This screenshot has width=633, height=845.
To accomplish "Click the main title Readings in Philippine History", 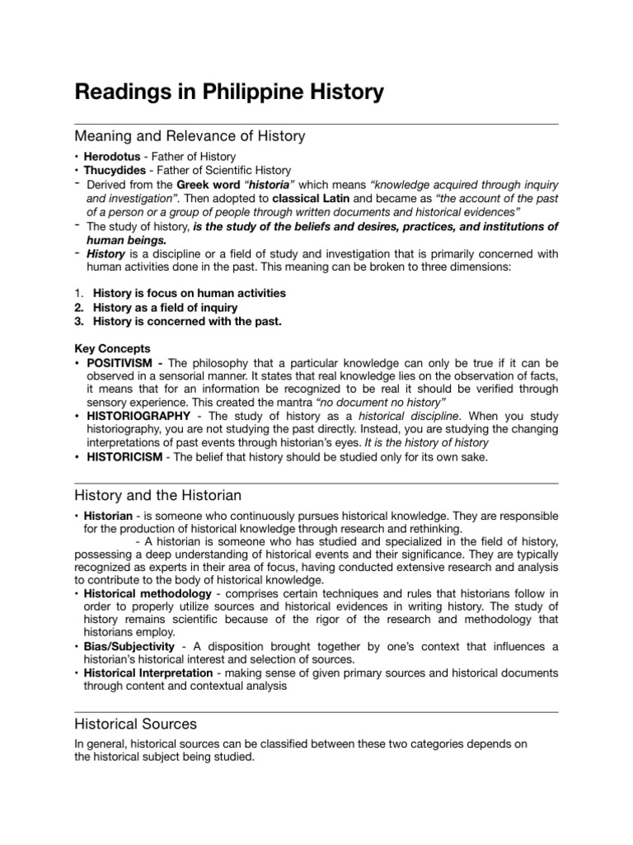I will click(x=229, y=92).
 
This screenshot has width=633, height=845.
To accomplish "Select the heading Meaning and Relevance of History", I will click(x=190, y=135).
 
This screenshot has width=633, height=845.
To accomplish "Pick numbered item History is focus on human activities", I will click(x=189, y=293).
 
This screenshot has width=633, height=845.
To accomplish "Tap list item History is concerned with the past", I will click(x=187, y=321).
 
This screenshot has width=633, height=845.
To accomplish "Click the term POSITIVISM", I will click(x=124, y=363).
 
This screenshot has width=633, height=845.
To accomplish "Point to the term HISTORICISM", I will click(x=128, y=457).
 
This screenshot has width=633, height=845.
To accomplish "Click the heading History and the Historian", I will click(x=157, y=495).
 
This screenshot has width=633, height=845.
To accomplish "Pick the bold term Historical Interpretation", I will click(x=148, y=673).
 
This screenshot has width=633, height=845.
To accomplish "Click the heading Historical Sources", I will click(x=135, y=724).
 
